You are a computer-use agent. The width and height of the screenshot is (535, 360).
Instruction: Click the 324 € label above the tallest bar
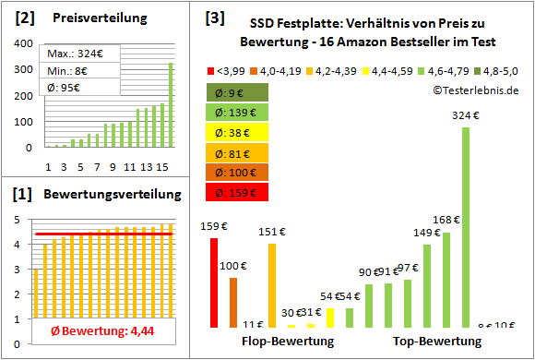coord(466,116)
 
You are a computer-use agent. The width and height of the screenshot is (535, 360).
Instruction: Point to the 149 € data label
coord(427,233)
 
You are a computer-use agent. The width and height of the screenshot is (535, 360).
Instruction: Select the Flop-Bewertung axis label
coord(287,341)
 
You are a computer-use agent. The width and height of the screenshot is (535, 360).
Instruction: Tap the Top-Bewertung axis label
coord(437,341)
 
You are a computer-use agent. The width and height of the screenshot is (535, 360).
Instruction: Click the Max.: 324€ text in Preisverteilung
coord(72,54)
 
